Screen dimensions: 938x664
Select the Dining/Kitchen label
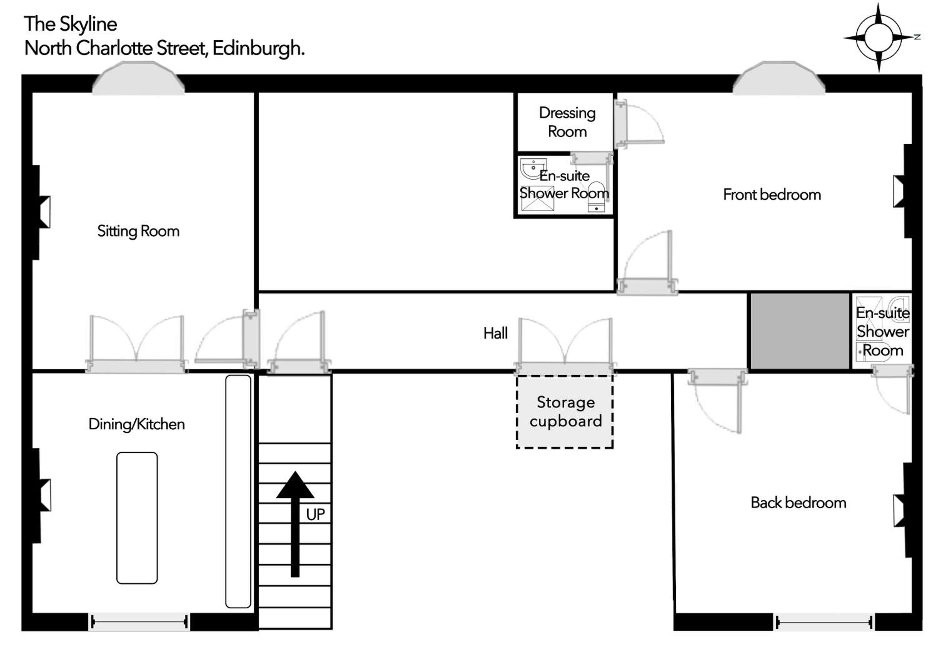click(136, 424)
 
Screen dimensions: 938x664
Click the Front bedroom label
click(772, 195)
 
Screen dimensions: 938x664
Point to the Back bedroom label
click(798, 503)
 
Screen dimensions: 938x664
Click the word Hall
click(495, 333)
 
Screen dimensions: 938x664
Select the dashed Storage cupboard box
click(565, 412)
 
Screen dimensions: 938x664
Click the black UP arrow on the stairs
click(295, 524)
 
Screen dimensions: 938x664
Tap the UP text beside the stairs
click(315, 514)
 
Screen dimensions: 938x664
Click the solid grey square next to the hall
click(799, 331)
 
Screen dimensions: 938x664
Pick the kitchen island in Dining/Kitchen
click(137, 518)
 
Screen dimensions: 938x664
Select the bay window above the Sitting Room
click(139, 78)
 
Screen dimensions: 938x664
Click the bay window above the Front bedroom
click(779, 78)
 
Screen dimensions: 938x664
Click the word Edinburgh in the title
click(259, 49)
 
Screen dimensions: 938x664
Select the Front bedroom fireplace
click(902, 191)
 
